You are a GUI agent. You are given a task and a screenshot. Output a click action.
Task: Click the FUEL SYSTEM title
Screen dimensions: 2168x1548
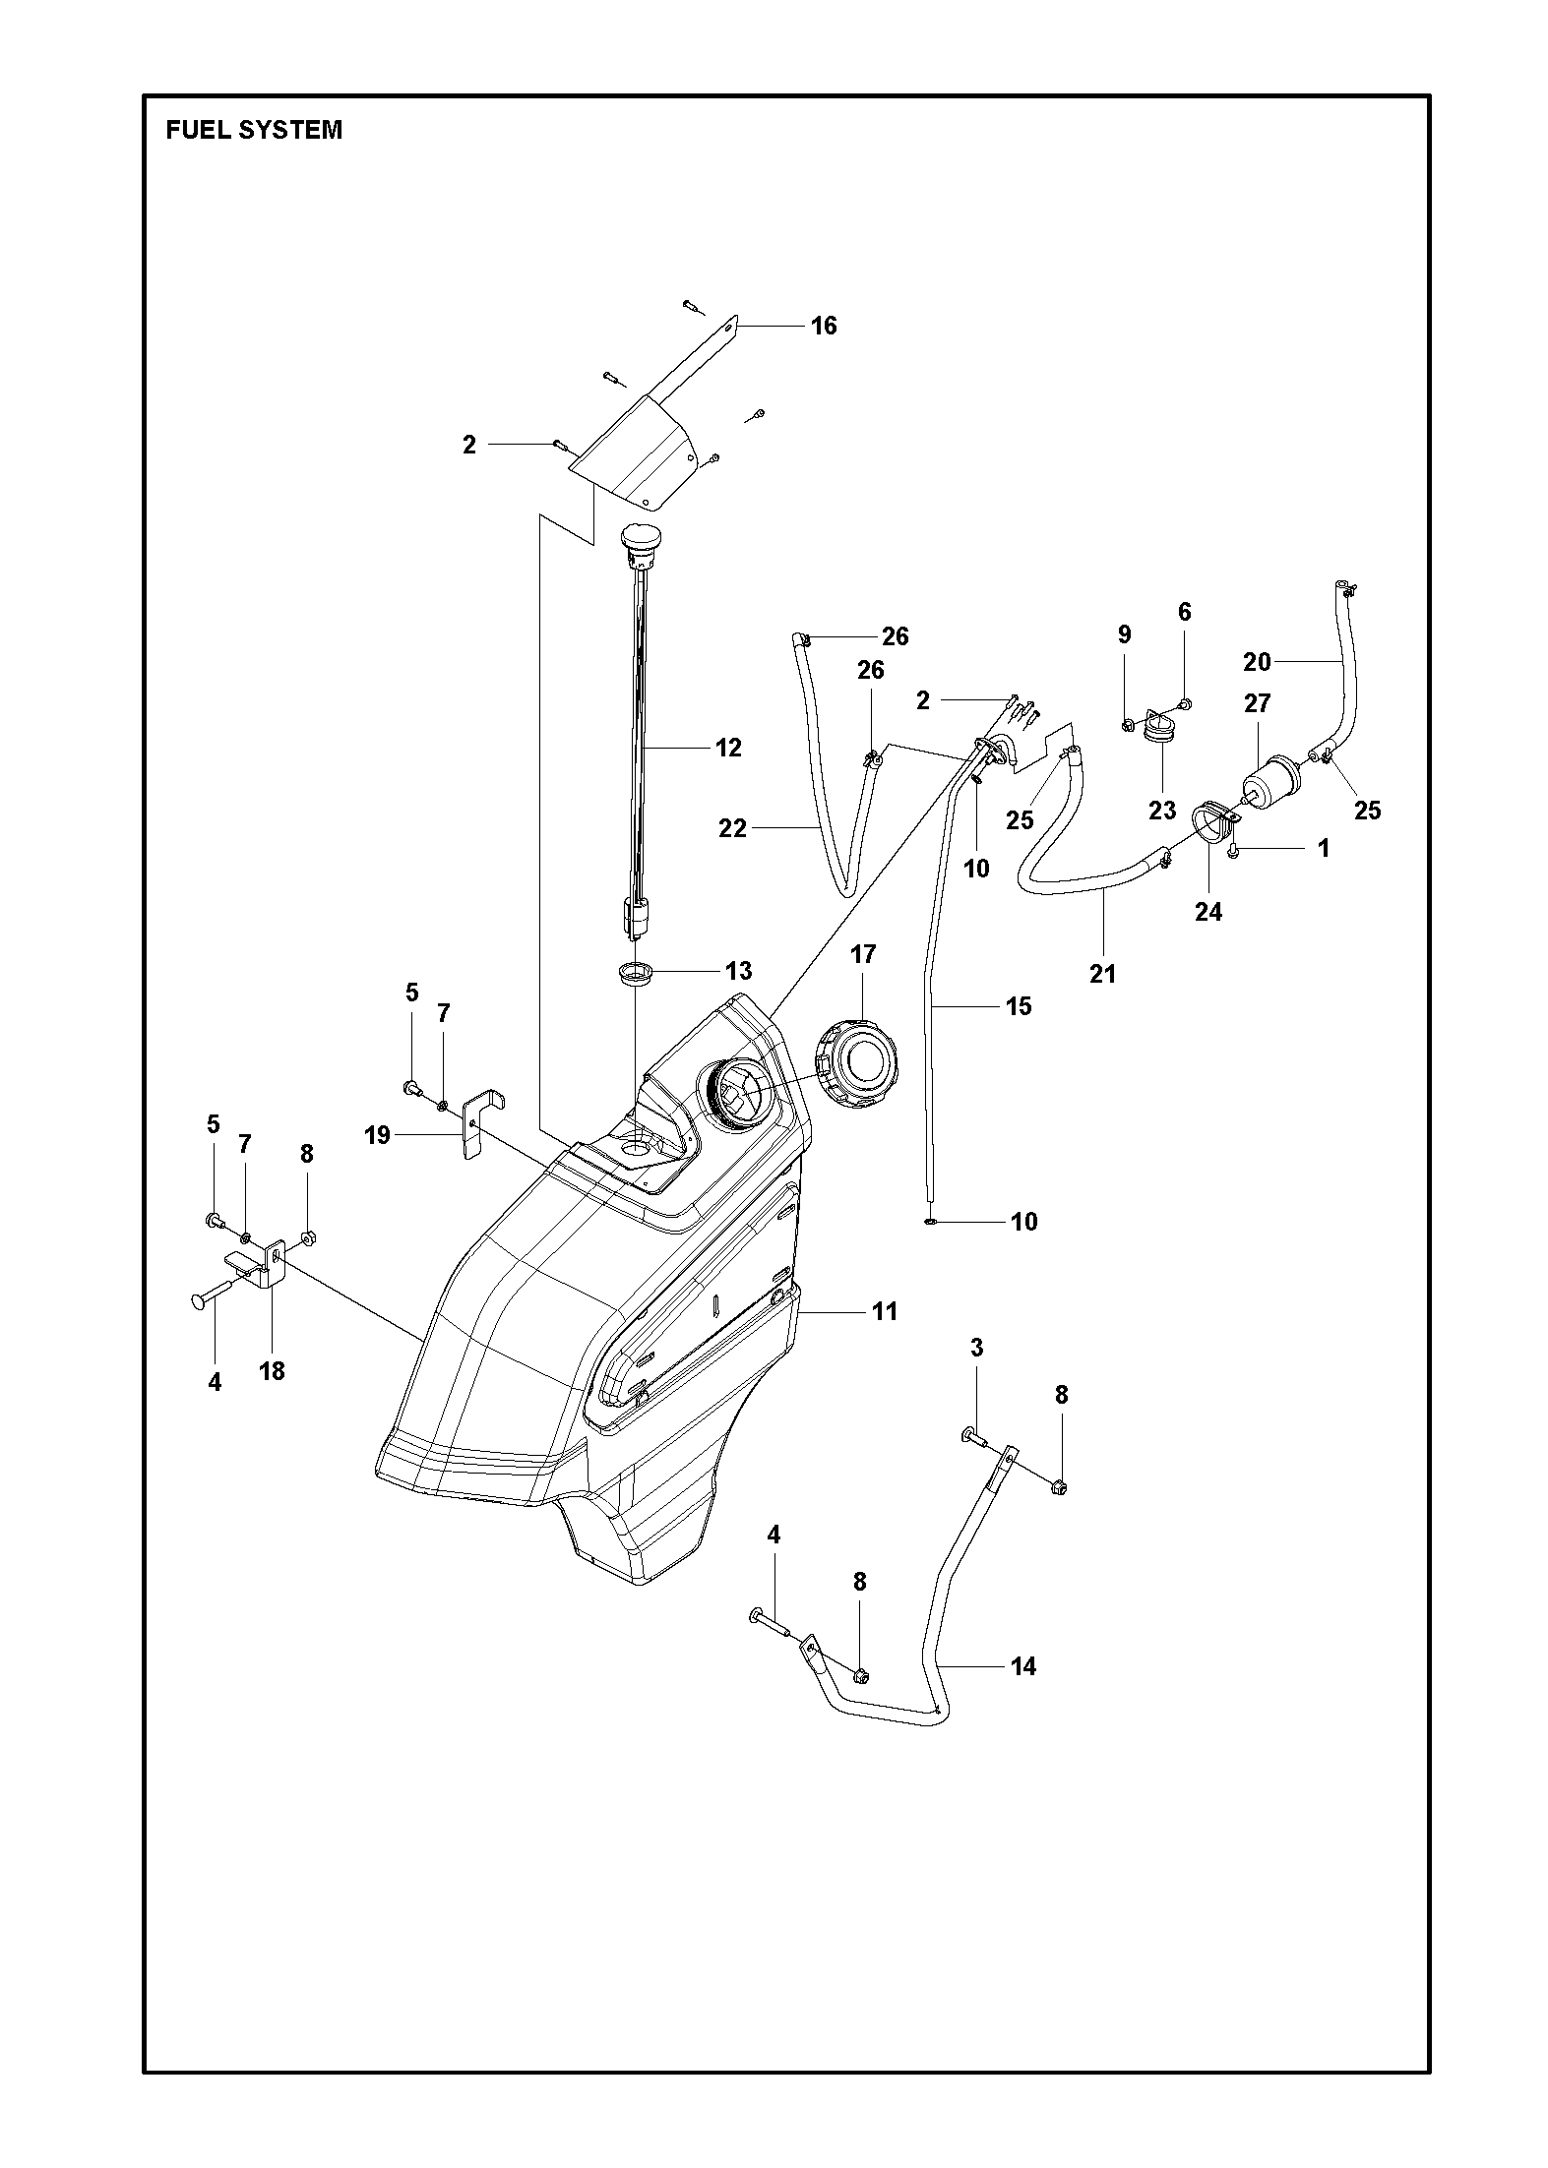(x=254, y=130)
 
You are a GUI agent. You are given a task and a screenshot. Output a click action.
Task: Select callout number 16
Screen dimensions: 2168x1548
(x=824, y=326)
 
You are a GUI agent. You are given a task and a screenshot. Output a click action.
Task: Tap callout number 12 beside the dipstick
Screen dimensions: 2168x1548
(x=728, y=748)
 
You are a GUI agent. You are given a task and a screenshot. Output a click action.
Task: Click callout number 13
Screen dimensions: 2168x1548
(x=738, y=971)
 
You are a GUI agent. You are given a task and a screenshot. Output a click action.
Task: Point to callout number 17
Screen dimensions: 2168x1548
(x=863, y=954)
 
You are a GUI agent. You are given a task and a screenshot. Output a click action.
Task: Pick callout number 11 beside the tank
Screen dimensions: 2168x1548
(x=885, y=1310)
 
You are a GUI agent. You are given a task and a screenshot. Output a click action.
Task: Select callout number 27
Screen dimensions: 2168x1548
(x=1258, y=703)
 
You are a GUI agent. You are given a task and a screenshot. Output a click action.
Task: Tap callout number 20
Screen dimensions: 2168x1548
(x=1257, y=662)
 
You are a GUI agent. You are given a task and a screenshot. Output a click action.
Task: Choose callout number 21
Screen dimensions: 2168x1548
(x=1103, y=973)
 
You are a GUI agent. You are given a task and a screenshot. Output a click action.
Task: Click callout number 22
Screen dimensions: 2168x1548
(x=733, y=829)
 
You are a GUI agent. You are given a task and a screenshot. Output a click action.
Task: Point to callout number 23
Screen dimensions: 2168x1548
(x=1162, y=810)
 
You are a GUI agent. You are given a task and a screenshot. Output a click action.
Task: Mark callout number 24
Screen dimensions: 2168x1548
(x=1208, y=912)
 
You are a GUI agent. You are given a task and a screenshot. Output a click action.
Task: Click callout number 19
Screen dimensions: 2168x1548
(x=377, y=1135)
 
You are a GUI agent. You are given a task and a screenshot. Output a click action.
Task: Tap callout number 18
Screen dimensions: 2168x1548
(x=272, y=1370)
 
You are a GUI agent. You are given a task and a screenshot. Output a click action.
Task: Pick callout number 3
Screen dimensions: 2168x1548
(x=976, y=1348)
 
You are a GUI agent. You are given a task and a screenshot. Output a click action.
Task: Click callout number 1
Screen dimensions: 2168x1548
(x=1324, y=848)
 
